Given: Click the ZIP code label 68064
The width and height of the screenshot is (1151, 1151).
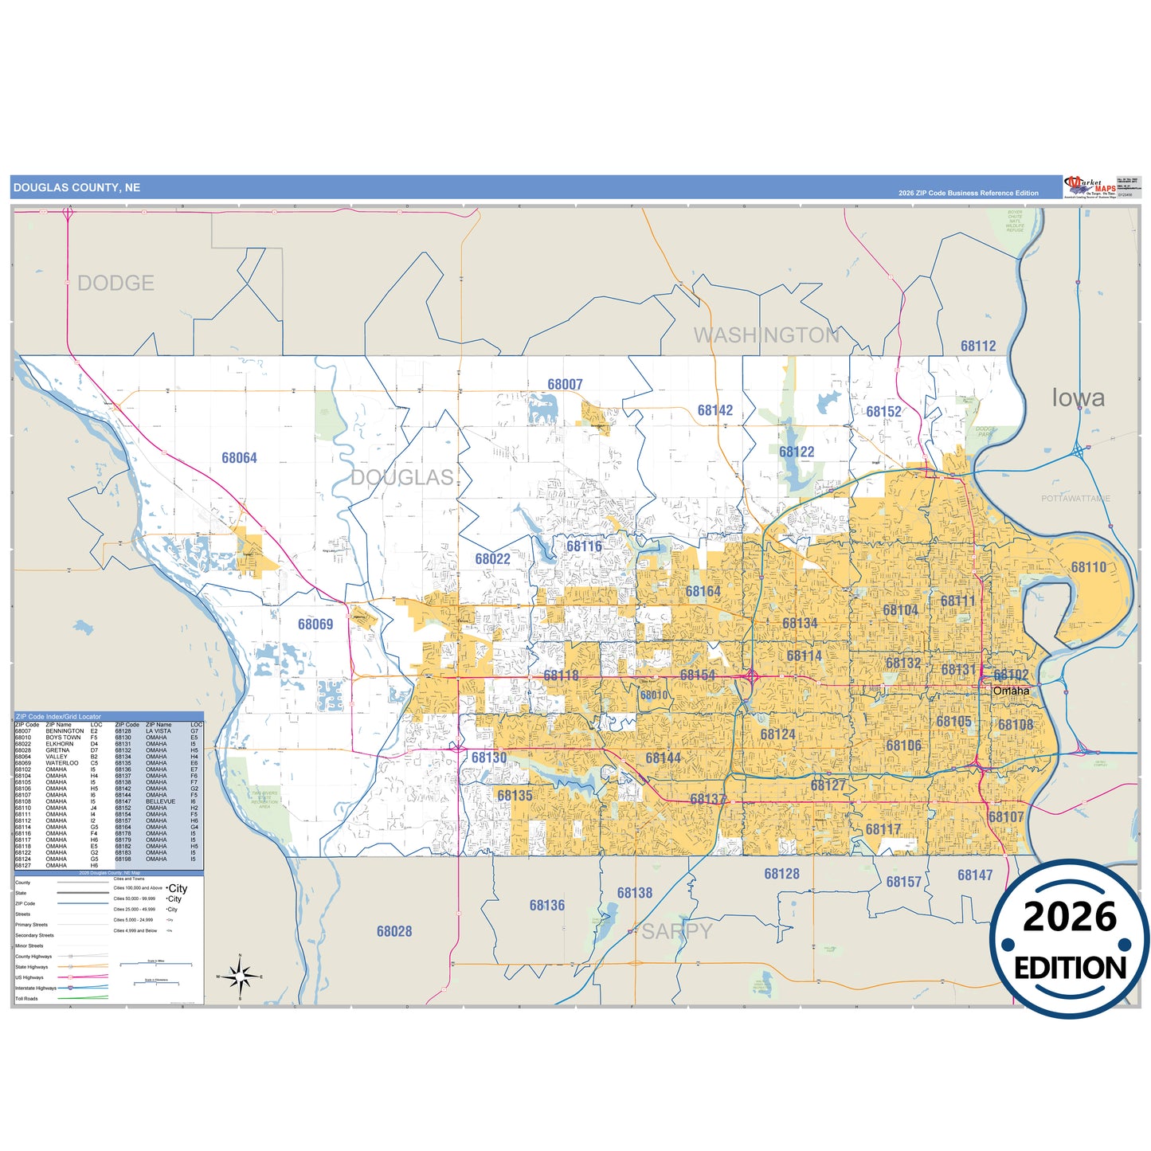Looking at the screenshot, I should [239, 458].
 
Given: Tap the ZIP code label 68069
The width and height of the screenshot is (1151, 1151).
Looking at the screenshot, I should [315, 624].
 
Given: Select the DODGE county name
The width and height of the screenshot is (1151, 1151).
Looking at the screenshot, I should [115, 284].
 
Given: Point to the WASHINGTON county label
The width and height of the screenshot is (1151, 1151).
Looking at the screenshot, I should [766, 335].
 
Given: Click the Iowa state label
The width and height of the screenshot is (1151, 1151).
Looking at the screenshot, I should [1078, 398].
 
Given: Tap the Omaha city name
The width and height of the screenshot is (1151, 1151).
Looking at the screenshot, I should [1011, 691].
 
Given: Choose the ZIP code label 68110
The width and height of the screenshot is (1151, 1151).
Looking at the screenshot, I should [1088, 567].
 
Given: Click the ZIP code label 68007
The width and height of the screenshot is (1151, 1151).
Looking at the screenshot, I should [565, 385].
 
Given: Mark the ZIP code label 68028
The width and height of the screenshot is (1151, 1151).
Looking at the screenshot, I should [394, 931].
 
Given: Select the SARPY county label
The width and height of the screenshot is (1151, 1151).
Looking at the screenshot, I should [677, 931].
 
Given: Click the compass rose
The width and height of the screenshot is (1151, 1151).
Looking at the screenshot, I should [240, 976].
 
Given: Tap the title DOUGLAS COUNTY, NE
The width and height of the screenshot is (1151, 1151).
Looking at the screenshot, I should [76, 188].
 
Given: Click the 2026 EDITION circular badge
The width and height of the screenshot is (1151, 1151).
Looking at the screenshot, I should [1069, 940].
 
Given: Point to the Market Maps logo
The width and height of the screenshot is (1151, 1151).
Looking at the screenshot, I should [1090, 187].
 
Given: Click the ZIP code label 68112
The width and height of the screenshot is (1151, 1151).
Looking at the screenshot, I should [977, 346].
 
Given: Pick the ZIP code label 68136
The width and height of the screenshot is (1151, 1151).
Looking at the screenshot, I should [546, 906].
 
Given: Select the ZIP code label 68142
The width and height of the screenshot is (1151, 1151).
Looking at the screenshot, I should [714, 411].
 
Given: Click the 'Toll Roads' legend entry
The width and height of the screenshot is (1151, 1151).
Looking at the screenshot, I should [26, 998].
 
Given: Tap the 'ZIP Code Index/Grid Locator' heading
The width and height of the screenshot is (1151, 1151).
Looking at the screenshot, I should [58, 717].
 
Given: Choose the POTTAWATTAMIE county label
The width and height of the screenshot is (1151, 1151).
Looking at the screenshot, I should [1075, 499].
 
